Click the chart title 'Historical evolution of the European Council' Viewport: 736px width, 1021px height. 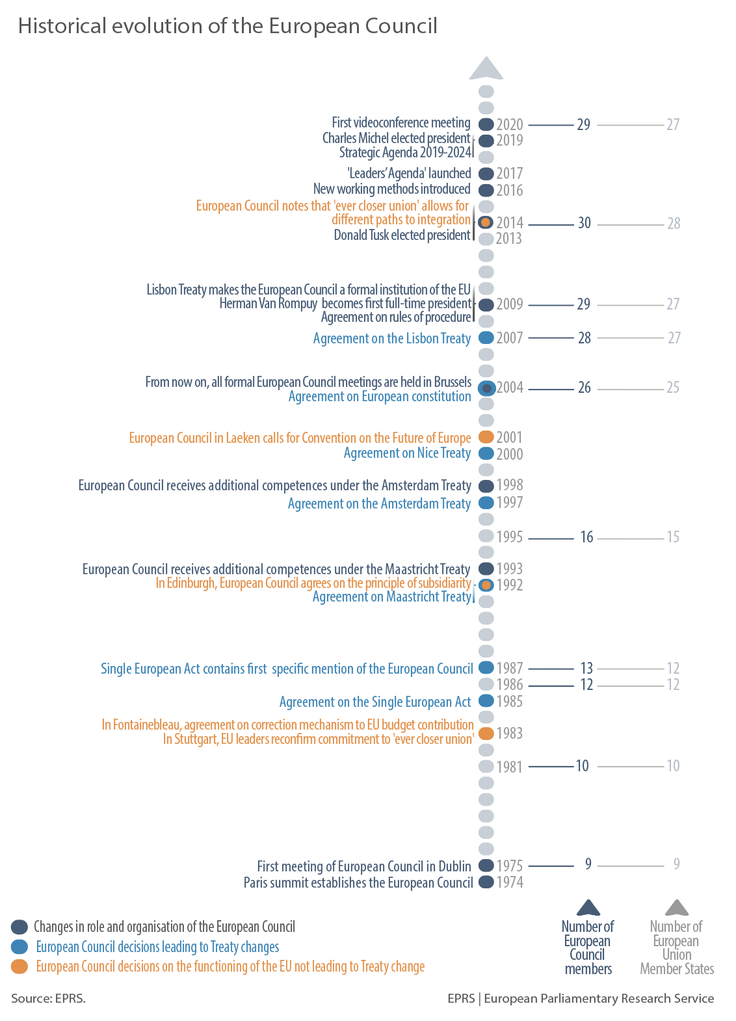228,26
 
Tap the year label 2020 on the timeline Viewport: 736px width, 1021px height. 510,124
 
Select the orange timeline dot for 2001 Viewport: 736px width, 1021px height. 486,437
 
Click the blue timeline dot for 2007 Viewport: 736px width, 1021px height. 486,338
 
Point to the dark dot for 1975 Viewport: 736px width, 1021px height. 486,866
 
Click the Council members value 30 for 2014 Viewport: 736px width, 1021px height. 585,223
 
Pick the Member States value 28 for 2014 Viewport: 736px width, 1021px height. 674,224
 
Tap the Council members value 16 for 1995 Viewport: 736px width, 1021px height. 586,537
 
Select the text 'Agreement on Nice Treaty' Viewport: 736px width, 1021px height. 407,453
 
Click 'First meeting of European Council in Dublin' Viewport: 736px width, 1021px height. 364,866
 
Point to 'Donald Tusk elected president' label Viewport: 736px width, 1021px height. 402,235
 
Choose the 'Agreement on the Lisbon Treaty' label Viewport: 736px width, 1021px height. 391,338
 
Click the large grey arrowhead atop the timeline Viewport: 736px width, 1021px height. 486,68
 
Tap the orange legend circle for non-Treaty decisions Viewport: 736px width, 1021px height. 20,966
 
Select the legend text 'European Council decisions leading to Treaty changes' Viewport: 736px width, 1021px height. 157,947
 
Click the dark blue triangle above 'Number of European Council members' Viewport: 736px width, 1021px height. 588,908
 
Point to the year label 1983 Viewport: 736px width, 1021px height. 510,734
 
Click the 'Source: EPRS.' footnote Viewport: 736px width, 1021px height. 48,998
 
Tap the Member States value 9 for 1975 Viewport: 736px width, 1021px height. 676,864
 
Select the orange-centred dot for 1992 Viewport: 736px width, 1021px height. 486,585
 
